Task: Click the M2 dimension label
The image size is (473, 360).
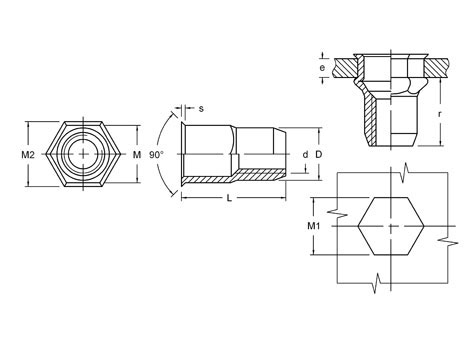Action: tap(28, 155)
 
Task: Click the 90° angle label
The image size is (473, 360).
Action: tap(156, 155)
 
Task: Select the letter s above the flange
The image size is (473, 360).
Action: tap(201, 109)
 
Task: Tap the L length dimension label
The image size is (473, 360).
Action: tap(229, 198)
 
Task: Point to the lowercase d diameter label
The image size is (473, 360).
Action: tap(305, 155)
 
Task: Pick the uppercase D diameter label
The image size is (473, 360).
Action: tap(319, 155)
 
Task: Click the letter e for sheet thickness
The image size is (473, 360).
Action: tap(322, 68)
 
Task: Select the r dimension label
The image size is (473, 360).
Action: tap(440, 114)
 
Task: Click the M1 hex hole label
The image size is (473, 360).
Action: tap(313, 226)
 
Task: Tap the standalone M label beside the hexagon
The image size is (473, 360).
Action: tap(137, 155)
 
